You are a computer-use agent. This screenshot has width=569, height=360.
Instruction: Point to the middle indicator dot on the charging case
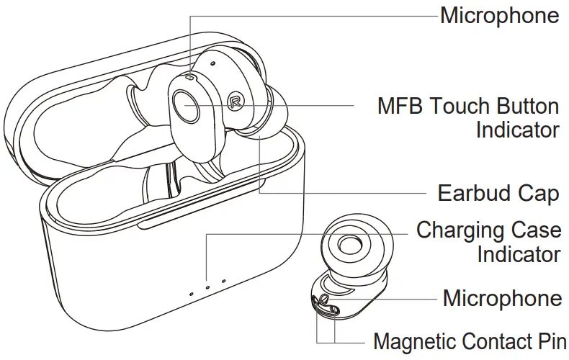207,287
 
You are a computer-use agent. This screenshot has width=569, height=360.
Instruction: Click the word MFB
400,107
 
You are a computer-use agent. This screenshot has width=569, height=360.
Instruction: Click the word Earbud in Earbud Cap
473,194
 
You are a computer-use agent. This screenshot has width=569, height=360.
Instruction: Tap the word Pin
552,341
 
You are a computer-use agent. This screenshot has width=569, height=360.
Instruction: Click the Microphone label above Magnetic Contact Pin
502,298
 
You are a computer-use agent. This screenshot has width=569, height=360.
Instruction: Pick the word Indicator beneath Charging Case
519,254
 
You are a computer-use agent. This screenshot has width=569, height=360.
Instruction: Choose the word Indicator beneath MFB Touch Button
517,130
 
